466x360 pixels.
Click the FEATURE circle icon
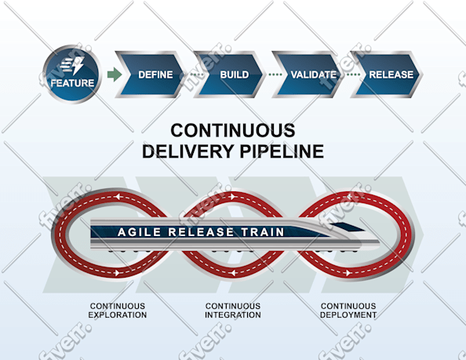tap(72, 74)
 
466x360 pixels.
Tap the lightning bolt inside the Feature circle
tap(78, 65)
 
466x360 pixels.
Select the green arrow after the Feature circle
tap(115, 75)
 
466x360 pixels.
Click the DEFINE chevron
tap(151, 75)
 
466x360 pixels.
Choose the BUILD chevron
tap(229, 75)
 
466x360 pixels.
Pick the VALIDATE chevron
tap(308, 75)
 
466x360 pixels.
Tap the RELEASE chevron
tap(386, 75)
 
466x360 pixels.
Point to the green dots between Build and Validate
tap(275, 75)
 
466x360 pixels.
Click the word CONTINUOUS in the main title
tap(233, 130)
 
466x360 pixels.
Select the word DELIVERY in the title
tap(188, 151)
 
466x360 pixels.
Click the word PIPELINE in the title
tap(282, 151)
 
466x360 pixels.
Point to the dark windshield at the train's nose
tap(348, 227)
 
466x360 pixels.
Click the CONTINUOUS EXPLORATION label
tap(118, 311)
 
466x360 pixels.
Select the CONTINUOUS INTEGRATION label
tap(233, 311)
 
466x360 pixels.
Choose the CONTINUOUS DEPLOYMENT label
tap(348, 311)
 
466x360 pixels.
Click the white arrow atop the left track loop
tap(118, 197)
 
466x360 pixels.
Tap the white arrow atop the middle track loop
tap(233, 197)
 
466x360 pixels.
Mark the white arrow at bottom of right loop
tap(348, 273)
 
